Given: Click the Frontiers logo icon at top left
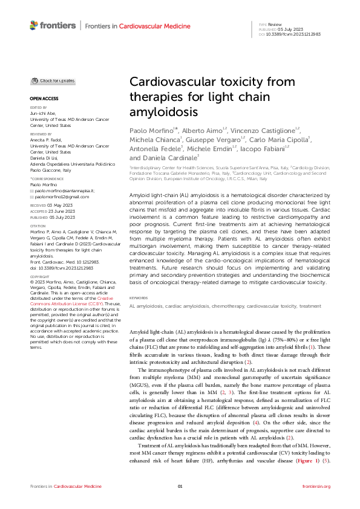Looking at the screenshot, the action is coord(34,25).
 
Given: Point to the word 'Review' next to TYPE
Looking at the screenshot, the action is coord(275,24).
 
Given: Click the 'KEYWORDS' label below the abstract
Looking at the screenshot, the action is coord(139,297).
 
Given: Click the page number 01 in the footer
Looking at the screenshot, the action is coord(180,487).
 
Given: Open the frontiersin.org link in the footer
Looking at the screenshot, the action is coord(316,487).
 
